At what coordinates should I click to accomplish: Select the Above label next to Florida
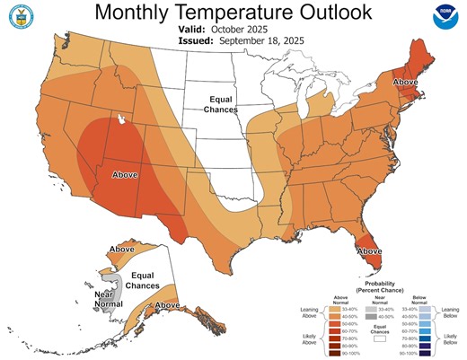tap(368, 252)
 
